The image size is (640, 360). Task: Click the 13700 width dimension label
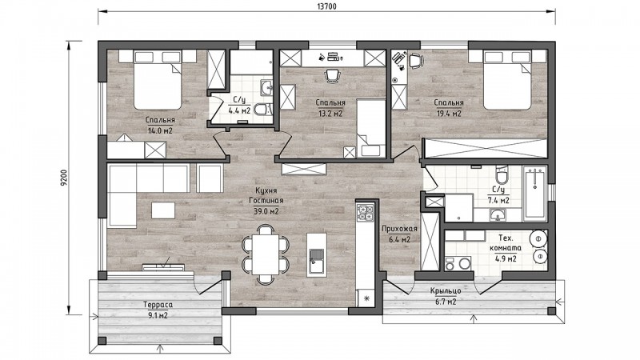tap(326, 6)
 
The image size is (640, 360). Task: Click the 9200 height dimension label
tap(63, 178)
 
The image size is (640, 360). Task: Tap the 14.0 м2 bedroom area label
tap(160, 130)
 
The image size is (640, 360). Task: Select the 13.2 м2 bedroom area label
tap(330, 113)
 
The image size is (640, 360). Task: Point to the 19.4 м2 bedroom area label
tap(449, 114)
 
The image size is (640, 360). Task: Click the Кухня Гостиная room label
tap(266, 195)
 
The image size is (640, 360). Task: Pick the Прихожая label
tap(399, 229)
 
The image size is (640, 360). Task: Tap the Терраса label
tap(158, 305)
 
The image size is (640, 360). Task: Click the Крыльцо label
tap(446, 291)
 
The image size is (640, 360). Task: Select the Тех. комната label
tap(506, 243)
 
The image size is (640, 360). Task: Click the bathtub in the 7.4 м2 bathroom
tap(535, 194)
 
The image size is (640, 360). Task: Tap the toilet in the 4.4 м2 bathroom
tap(262, 110)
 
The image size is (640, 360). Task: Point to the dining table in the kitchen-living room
tap(266, 254)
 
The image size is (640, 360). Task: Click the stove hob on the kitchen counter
tap(365, 212)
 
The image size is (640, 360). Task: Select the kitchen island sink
tap(316, 261)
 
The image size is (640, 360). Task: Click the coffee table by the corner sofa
tap(163, 210)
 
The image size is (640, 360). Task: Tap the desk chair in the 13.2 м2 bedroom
tap(332, 75)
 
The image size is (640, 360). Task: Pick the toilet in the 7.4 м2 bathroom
tap(502, 175)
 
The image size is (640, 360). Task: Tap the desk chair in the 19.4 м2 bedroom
tap(415, 61)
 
